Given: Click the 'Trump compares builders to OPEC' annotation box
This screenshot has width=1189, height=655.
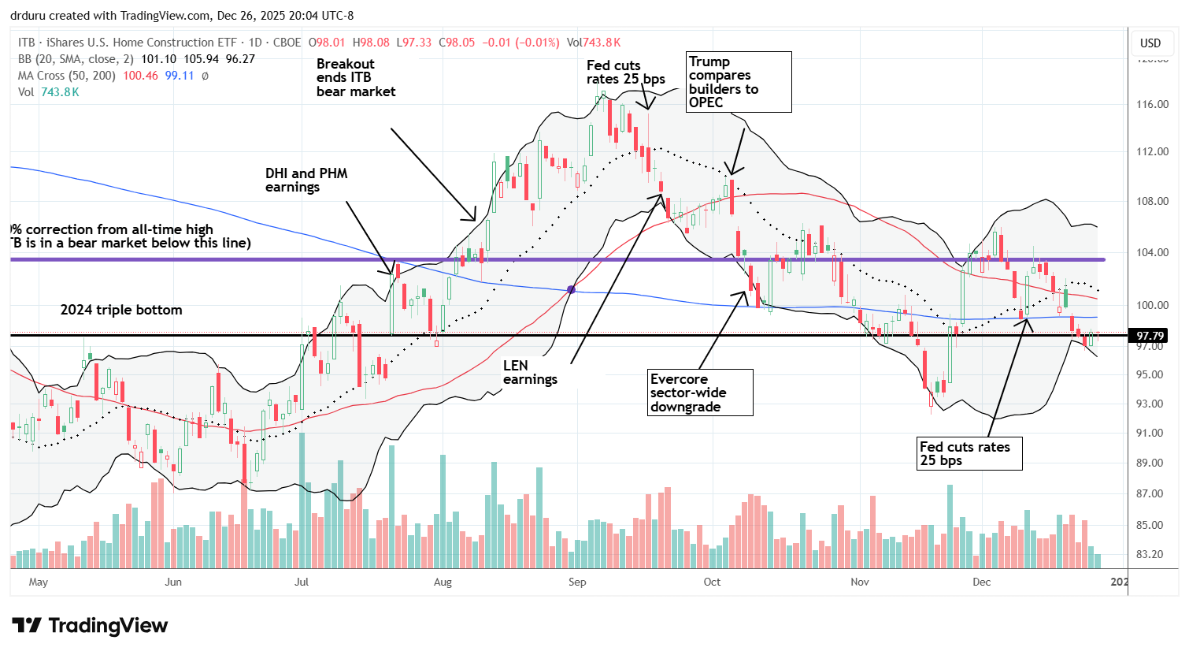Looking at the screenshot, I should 739,82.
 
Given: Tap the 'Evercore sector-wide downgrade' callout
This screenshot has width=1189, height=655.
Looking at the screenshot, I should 699,393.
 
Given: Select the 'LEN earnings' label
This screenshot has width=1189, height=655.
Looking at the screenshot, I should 530,372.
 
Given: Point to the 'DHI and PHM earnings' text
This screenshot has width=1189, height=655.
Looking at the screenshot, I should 306,180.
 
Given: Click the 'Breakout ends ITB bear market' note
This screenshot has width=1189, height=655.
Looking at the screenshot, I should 356,77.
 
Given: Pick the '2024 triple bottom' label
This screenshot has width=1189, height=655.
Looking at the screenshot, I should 121,310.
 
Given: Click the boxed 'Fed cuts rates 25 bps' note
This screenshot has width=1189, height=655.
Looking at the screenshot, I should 969,453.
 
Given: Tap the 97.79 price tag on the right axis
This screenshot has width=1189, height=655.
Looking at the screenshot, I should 1150,336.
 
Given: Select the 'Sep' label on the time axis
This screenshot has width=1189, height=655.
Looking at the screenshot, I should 577,582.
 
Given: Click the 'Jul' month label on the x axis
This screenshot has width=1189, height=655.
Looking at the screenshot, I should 301,582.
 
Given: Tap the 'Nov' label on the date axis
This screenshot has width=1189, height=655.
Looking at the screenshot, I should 860,582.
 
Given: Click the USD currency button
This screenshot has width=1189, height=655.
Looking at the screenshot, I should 1150,43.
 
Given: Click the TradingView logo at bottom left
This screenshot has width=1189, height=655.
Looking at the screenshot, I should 90,626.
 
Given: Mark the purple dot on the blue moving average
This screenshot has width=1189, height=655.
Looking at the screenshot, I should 572,290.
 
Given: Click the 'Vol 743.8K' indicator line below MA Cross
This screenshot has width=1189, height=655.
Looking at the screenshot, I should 49,92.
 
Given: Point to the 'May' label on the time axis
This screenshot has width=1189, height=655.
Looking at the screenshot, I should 38,582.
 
